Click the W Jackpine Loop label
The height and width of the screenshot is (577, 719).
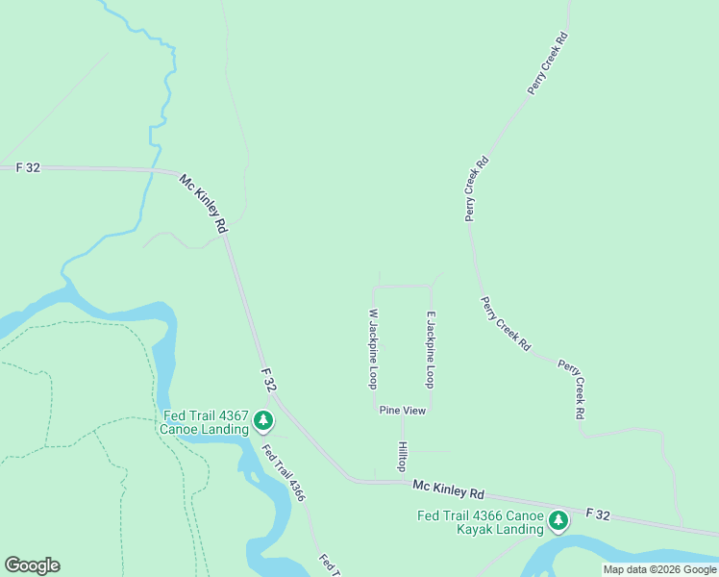point(373,348)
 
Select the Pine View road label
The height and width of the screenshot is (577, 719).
point(402,411)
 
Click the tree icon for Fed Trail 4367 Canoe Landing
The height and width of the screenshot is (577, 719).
point(263,420)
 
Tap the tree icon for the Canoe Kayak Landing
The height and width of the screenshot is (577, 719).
point(558,521)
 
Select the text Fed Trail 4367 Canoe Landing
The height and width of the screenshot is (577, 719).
point(206,423)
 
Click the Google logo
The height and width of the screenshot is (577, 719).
point(32,565)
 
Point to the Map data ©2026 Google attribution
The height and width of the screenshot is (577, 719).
point(658,569)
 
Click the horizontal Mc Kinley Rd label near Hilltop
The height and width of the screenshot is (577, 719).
point(449,489)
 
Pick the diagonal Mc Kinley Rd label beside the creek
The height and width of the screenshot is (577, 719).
point(204,203)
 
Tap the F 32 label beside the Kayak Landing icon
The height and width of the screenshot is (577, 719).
point(596,515)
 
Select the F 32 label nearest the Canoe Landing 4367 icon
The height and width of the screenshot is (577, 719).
point(270,379)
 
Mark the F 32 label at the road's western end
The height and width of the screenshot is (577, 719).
point(29,167)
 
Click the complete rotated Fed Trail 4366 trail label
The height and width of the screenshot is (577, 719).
point(284,471)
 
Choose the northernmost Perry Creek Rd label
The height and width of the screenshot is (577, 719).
point(549,64)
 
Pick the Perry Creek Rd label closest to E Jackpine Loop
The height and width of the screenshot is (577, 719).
point(506,322)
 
